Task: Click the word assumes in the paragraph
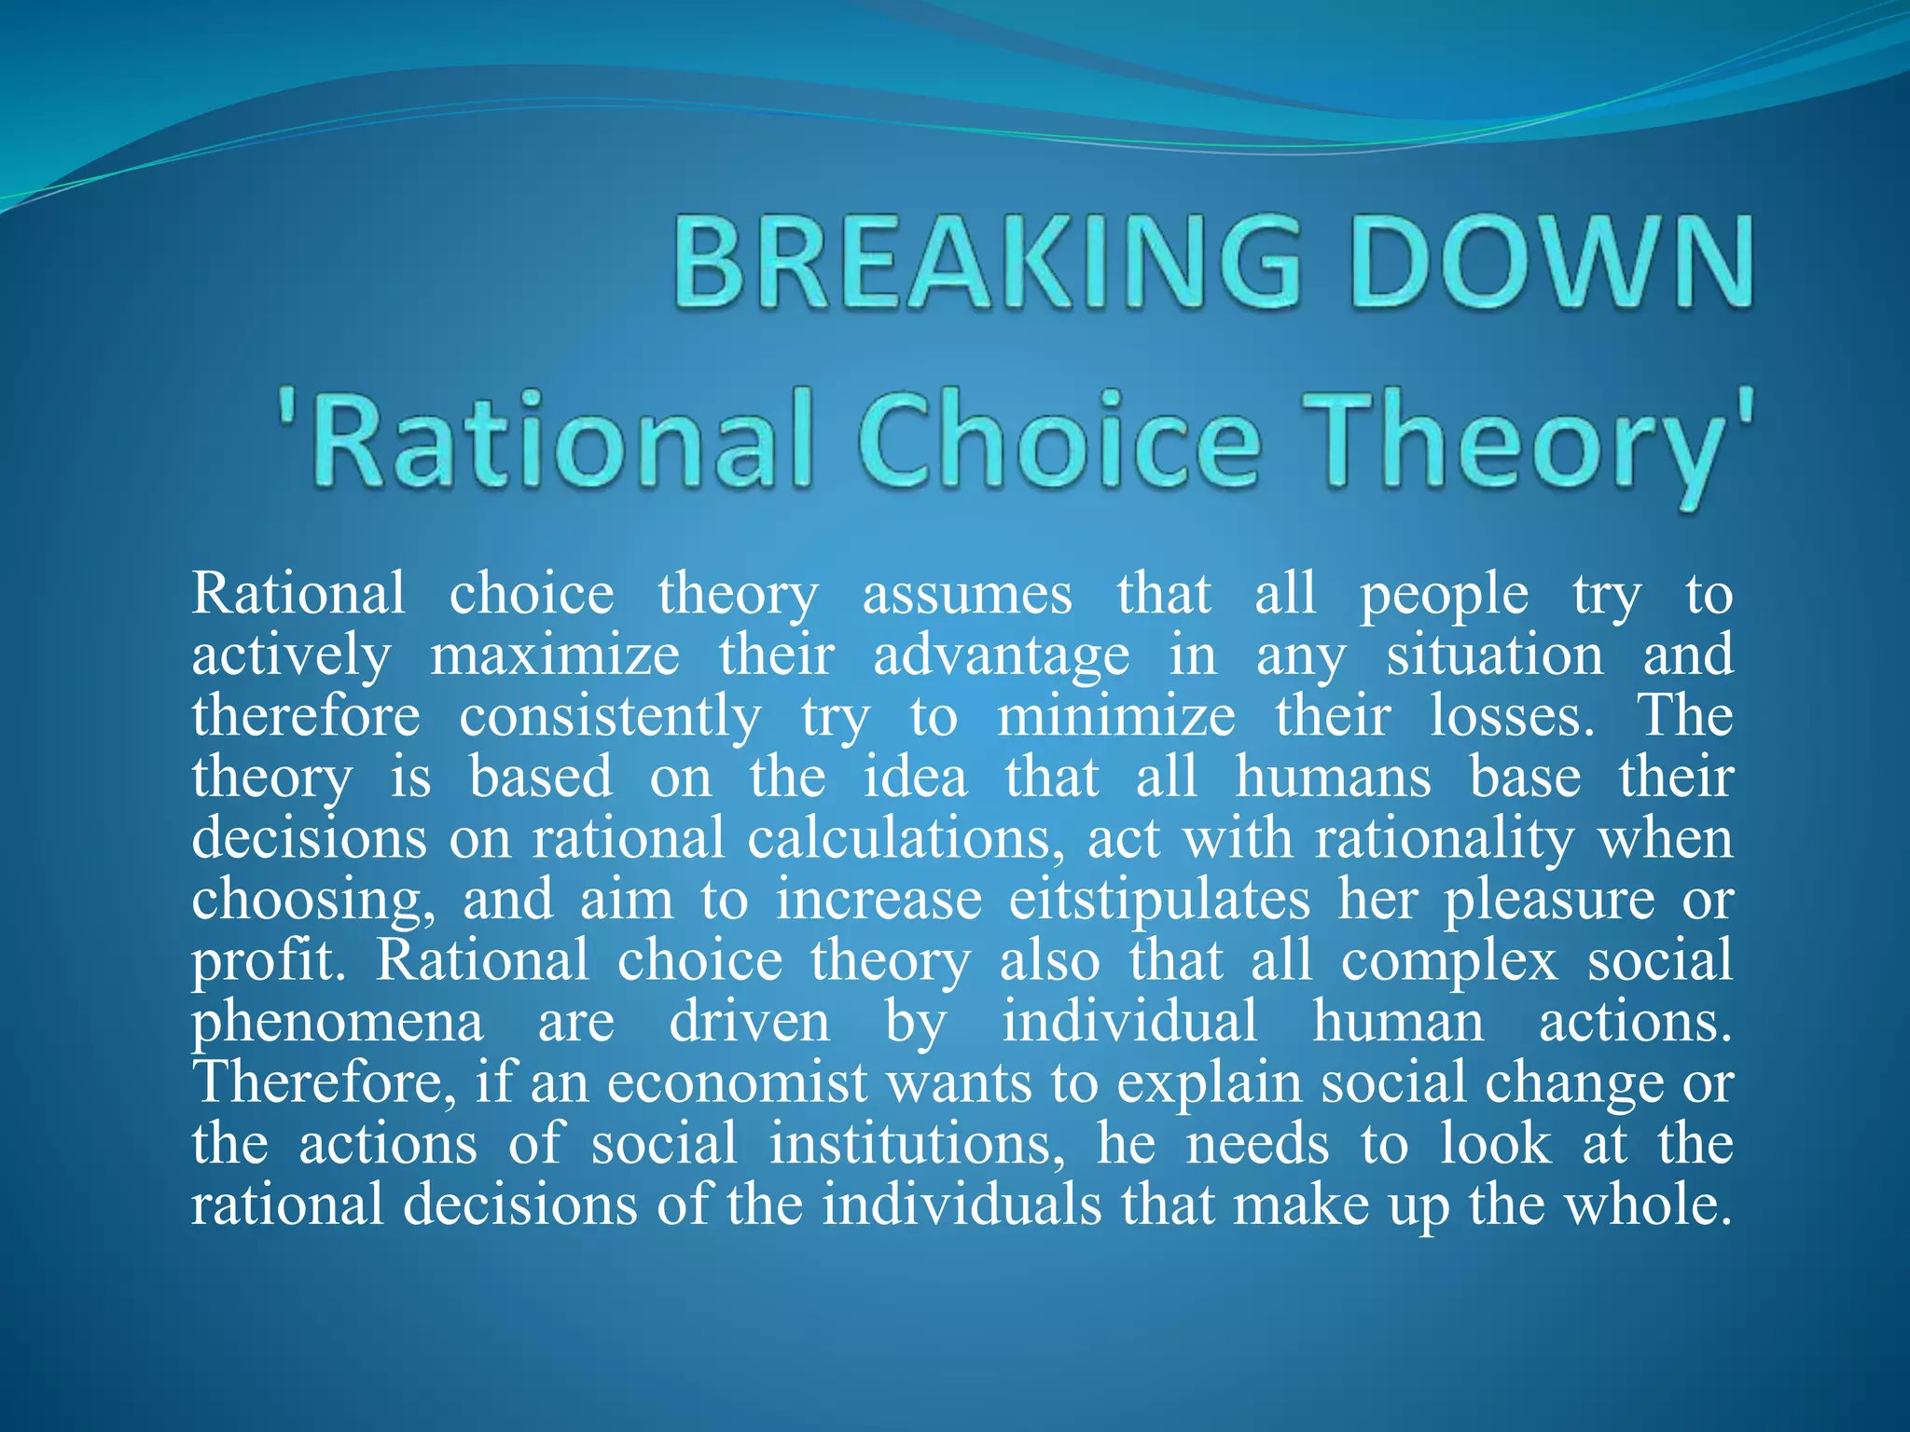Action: point(967,595)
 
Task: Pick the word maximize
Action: point(555,655)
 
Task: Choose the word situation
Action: point(1495,655)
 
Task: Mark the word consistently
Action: point(610,718)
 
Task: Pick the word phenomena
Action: point(338,1024)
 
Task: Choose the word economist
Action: point(738,1083)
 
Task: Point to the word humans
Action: point(1333,778)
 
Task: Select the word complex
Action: point(1449,962)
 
